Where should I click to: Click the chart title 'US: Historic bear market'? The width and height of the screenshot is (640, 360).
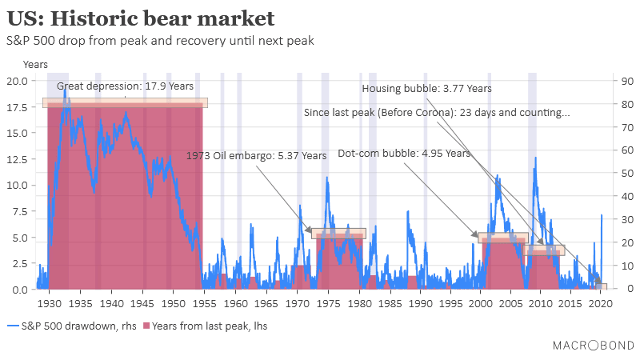click(140, 18)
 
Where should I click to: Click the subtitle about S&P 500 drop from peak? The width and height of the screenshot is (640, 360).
click(160, 40)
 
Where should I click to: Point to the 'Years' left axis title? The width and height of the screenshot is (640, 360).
click(35, 64)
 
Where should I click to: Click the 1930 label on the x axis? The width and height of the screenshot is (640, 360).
click(50, 304)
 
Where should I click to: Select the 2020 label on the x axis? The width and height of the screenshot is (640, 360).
click(601, 304)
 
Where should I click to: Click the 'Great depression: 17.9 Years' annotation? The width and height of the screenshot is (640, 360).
click(125, 86)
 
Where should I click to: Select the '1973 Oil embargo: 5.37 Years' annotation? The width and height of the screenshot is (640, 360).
click(256, 156)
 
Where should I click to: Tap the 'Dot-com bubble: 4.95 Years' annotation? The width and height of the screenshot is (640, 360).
click(404, 153)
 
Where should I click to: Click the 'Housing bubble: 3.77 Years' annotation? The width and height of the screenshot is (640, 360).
click(426, 89)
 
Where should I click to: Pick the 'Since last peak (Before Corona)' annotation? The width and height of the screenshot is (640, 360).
click(437, 113)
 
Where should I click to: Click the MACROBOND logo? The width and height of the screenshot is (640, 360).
click(592, 345)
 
